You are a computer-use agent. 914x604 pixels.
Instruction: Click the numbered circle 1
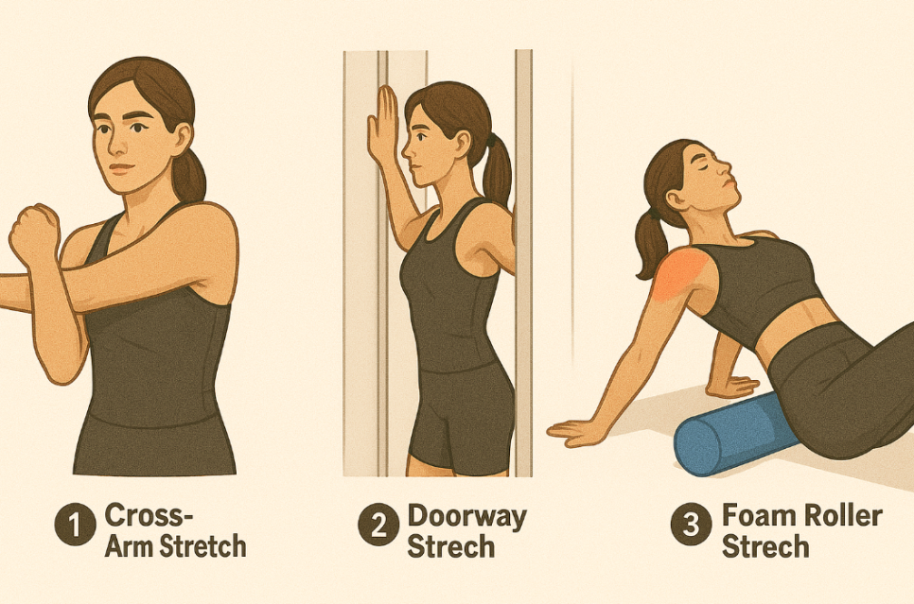tap(75, 525)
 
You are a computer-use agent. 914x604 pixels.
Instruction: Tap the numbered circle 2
tap(378, 525)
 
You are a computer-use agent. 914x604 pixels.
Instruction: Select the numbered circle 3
tap(692, 525)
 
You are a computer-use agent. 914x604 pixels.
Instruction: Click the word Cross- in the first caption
tap(149, 515)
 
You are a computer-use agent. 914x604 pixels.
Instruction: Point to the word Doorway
tap(466, 517)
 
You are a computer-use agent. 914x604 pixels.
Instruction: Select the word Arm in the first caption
tap(130, 546)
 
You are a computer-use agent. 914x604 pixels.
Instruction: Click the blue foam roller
tap(729, 433)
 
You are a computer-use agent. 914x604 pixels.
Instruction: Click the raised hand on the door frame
tap(382, 125)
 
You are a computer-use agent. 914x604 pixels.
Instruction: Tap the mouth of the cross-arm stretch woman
tap(122, 169)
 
